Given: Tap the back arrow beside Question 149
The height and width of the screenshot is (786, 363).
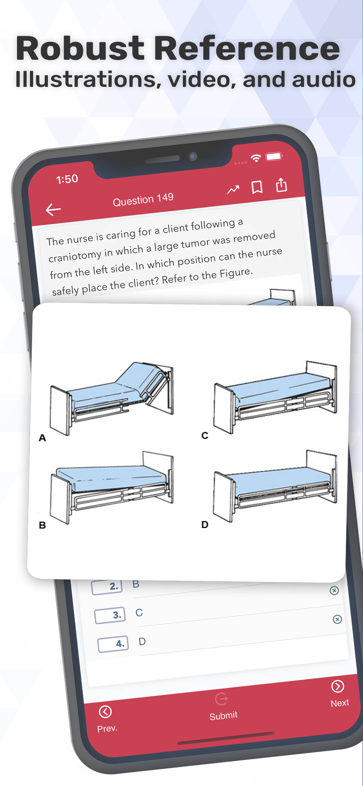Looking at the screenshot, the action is (x=53, y=209).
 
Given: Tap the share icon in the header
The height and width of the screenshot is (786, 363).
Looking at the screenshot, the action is (x=281, y=184).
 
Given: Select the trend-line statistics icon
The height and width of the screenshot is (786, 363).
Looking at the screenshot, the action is (x=233, y=190).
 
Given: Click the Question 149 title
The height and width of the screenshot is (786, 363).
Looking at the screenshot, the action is (x=143, y=200).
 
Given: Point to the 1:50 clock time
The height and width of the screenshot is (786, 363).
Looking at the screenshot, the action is (x=67, y=179).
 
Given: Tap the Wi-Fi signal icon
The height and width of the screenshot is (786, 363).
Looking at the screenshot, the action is (x=256, y=158).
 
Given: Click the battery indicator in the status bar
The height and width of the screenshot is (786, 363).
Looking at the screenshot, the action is (x=274, y=156).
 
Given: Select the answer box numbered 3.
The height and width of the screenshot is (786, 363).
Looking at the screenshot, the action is (x=110, y=615).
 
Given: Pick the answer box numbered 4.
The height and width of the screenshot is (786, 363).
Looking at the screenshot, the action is (x=113, y=644).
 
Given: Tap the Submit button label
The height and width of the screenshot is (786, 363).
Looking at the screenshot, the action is (x=223, y=716).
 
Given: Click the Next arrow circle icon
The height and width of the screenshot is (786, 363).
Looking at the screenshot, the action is (x=337, y=686).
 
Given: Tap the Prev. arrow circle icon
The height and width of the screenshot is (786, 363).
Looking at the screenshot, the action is (x=105, y=712).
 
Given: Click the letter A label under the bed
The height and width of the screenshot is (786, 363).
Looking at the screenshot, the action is (x=42, y=438).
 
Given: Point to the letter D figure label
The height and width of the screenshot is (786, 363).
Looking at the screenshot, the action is (x=205, y=525).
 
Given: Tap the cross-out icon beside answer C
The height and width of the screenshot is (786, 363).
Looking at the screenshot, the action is (x=337, y=619).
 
